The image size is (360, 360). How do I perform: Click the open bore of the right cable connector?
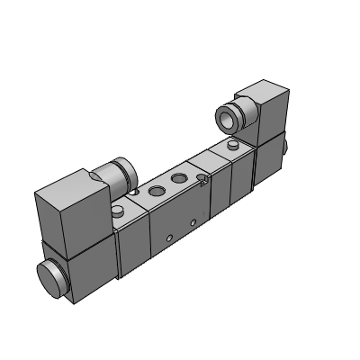pos(225,117)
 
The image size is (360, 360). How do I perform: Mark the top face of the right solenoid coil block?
pos(259,90)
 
